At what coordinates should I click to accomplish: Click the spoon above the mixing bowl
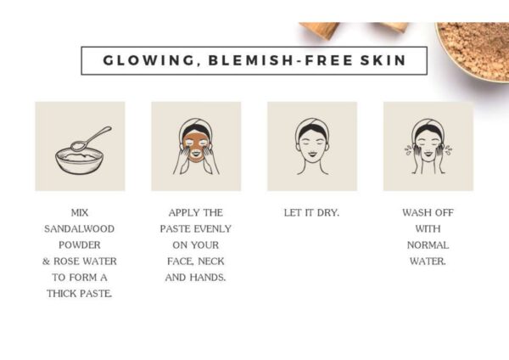[x=91, y=138]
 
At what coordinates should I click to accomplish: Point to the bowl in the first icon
[x=79, y=160]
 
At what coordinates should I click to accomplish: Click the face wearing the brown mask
[x=196, y=146]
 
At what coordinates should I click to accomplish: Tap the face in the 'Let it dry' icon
[x=312, y=144]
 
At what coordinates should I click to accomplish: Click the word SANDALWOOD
[x=79, y=229]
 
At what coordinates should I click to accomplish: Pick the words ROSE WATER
[x=85, y=262]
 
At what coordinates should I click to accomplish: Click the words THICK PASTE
[x=80, y=294]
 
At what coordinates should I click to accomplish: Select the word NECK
[x=211, y=262]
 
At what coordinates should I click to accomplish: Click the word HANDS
[x=208, y=278]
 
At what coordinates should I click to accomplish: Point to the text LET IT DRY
[x=311, y=213]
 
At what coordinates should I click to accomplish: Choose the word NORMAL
[x=428, y=245]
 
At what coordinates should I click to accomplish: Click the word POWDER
[x=80, y=245]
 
